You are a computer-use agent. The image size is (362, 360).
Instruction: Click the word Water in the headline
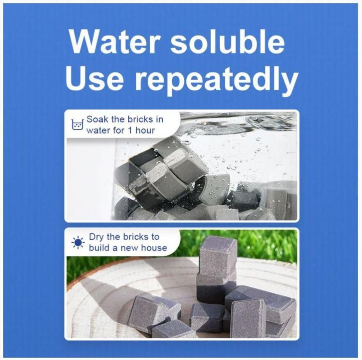114,42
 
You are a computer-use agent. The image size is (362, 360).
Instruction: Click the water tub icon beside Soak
77,125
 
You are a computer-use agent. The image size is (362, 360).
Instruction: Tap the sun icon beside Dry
78,242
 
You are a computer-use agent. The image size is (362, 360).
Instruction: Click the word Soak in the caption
97,119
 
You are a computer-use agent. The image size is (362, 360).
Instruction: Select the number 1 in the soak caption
130,130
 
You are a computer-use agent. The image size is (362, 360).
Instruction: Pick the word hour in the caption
145,130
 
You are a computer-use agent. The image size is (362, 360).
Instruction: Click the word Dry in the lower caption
97,237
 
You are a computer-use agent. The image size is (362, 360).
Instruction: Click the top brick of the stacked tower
218,257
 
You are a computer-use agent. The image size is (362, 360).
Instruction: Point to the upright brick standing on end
249,318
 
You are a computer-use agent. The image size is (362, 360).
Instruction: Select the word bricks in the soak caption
138,119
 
